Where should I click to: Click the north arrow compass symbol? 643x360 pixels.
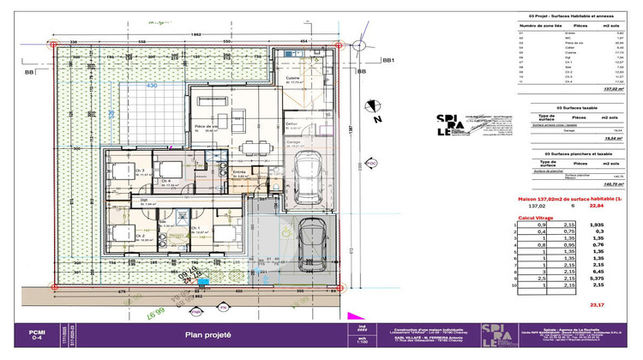coord(372,105)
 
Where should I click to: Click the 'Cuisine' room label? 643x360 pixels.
coord(292,78)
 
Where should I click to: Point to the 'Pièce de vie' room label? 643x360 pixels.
coord(206,127)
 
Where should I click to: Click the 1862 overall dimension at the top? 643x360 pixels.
coord(196,33)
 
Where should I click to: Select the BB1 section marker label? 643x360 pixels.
coord(390,61)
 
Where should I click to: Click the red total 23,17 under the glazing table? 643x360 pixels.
coord(598,304)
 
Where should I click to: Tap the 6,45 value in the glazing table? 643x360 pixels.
coord(598,270)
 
